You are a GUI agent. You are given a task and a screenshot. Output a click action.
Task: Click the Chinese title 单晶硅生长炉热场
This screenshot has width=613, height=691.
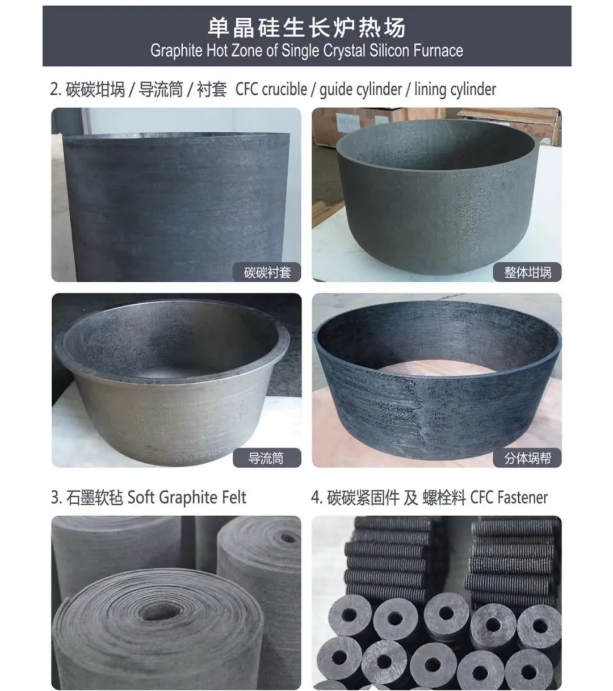[x=306, y=27]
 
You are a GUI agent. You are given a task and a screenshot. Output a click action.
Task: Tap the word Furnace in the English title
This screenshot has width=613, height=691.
[x=438, y=51]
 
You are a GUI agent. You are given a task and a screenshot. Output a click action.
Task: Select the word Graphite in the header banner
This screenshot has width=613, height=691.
[x=177, y=51]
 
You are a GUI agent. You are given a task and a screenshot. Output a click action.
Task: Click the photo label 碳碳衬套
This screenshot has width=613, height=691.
[x=267, y=273]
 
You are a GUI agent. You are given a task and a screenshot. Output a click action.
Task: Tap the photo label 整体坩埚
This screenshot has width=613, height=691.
[x=527, y=273]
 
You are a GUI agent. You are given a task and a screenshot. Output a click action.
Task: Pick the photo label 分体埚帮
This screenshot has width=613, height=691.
[x=527, y=458]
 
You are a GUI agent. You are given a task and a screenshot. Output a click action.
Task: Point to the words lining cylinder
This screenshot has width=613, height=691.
[x=455, y=90]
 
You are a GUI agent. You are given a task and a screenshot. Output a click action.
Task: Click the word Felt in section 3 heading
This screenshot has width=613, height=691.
[x=234, y=497]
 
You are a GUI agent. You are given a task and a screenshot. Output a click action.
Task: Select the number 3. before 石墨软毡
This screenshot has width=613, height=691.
[x=56, y=497]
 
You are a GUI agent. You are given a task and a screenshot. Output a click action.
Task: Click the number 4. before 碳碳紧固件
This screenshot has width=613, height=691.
[x=317, y=497]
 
